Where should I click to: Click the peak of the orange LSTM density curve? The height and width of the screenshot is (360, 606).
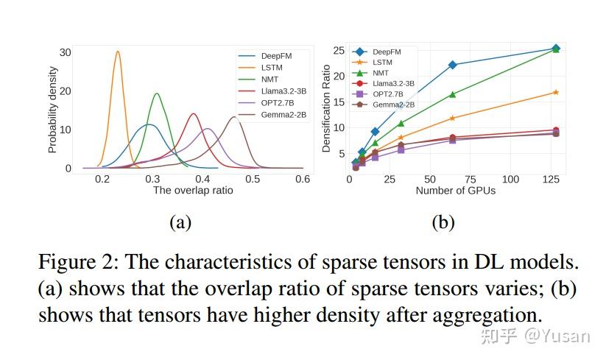pos(118,52)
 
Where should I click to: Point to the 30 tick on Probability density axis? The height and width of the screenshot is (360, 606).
pos(66,52)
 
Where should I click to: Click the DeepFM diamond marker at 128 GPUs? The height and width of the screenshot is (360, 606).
pos(556,49)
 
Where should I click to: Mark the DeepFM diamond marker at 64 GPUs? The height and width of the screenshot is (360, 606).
pos(453,65)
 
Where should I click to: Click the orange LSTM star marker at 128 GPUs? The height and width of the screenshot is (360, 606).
pos(556,92)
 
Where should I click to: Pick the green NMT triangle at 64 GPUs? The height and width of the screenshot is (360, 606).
pos(453,94)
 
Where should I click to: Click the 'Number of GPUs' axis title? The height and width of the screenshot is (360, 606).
pos(455,191)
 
